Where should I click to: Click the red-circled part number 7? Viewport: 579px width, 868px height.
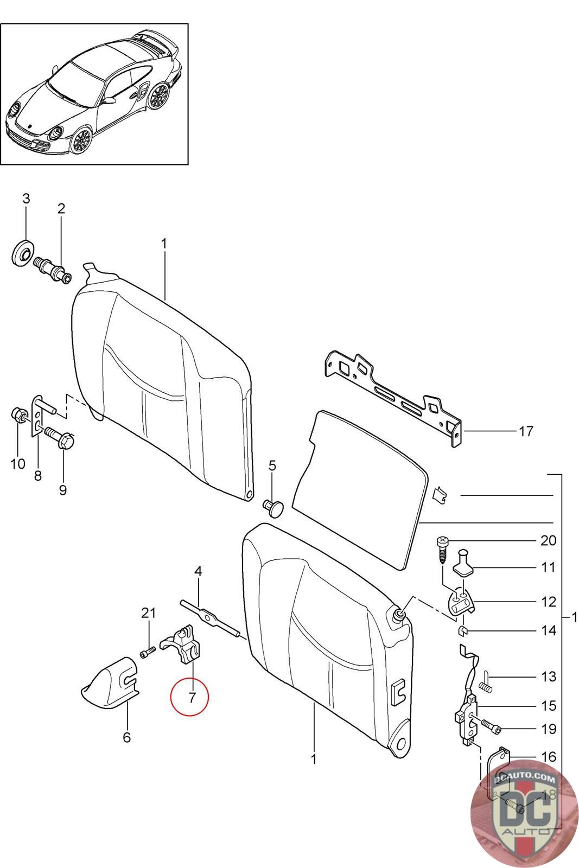192,697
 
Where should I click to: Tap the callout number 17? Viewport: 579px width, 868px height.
526,431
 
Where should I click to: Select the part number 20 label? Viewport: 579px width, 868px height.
548,540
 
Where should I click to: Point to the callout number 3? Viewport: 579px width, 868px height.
26,199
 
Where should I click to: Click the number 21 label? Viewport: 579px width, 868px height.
148,613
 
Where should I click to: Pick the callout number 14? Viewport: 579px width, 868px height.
548,630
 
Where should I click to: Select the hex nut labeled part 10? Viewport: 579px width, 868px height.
17,417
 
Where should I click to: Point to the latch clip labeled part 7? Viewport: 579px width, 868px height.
182,644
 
